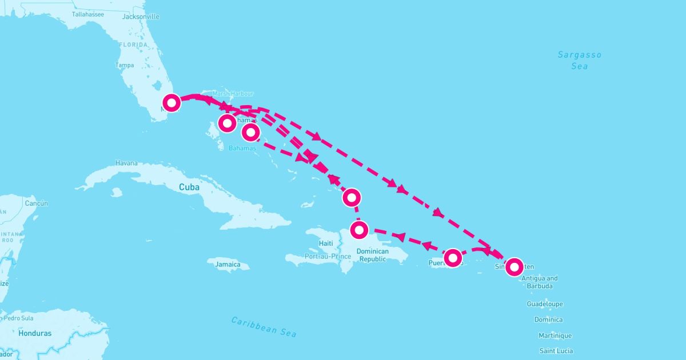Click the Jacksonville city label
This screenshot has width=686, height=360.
(140, 17)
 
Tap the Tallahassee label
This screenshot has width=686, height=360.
(87, 14)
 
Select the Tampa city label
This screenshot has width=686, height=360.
(125, 65)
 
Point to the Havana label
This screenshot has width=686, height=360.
(126, 163)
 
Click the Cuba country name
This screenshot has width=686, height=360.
(189, 187)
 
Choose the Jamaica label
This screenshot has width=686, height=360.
(228, 265)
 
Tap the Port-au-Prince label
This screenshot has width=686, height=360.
(328, 257)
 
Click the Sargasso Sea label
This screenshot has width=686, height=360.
(579, 60)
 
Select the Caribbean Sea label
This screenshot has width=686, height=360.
(264, 326)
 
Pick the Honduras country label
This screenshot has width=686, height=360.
(35, 333)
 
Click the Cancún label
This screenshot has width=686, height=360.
(36, 203)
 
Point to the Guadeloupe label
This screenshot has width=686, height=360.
(545, 304)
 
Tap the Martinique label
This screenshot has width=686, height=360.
(555, 335)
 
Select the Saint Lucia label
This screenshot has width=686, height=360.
(556, 351)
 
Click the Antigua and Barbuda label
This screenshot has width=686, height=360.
(540, 282)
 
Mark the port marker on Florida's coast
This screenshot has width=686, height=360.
(171, 102)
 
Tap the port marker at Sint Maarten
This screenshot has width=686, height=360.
(514, 266)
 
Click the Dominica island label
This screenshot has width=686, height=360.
(548, 319)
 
